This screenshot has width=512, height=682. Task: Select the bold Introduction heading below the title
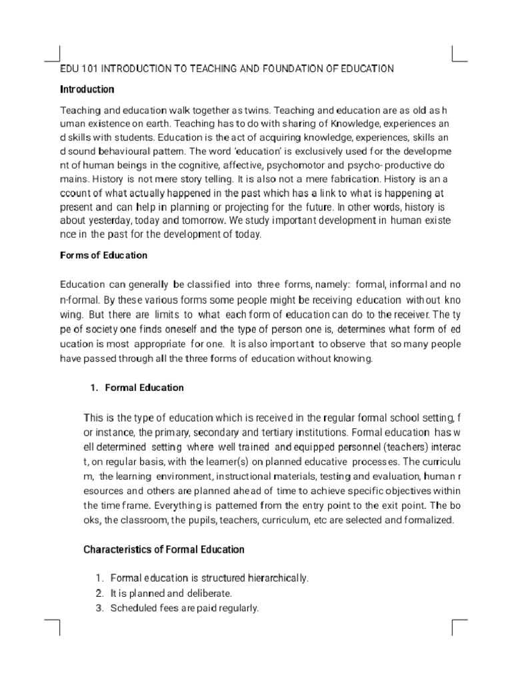click(87, 89)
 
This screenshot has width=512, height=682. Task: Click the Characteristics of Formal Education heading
click(163, 550)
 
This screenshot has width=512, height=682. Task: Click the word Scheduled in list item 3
click(131, 607)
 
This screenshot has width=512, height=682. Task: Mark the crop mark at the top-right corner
click(459, 54)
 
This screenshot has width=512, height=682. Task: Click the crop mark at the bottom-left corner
click(53, 626)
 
